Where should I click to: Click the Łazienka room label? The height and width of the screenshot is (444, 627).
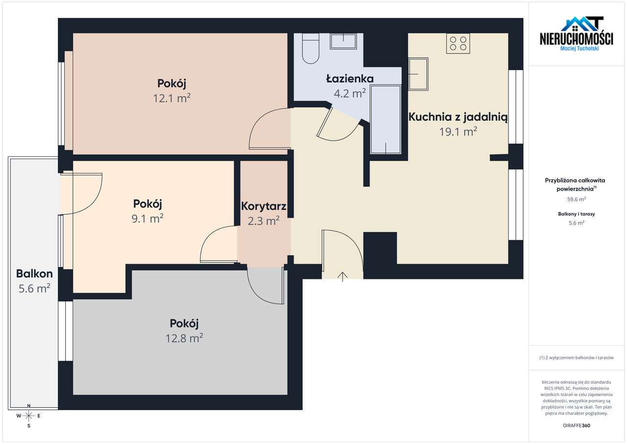(x=350, y=79)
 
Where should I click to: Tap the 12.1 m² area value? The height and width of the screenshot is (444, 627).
(x=171, y=98)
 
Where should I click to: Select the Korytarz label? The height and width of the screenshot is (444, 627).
(x=264, y=206)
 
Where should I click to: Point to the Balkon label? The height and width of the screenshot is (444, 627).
(x=34, y=273)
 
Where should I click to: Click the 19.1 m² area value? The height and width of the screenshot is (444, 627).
(x=458, y=131)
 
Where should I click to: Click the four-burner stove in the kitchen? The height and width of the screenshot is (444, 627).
(x=458, y=44)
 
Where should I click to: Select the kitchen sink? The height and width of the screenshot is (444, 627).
(x=418, y=74)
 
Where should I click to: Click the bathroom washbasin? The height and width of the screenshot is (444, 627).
(x=343, y=42)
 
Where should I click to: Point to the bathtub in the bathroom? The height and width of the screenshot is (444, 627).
(x=386, y=119)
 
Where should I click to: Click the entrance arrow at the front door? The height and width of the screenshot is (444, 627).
(x=342, y=276)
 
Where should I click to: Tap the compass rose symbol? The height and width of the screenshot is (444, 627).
(x=28, y=416)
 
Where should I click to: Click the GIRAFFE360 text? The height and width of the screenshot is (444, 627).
(x=577, y=425)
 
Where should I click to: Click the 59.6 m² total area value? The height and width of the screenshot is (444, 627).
(x=577, y=199)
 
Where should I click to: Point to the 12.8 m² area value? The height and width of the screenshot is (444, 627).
(x=184, y=338)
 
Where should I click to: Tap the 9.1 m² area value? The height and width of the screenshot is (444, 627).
(x=147, y=219)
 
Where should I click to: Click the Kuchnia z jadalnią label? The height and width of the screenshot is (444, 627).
(x=458, y=117)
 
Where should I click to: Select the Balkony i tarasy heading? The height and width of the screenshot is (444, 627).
(x=577, y=214)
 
